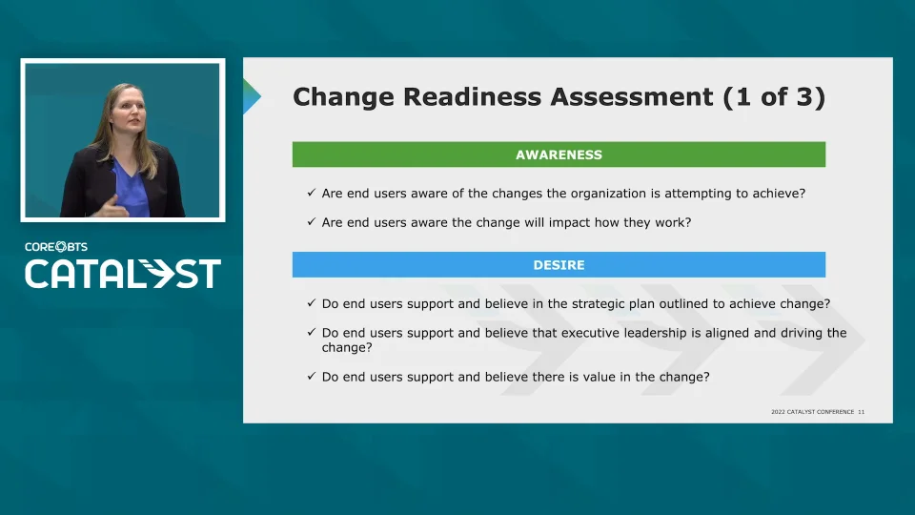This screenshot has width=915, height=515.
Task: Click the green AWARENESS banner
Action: click(x=559, y=154)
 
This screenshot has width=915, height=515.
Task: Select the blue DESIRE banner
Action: click(x=559, y=264)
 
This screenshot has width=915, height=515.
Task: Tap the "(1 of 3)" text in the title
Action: click(x=774, y=97)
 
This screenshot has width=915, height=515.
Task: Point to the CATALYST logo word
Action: click(x=123, y=274)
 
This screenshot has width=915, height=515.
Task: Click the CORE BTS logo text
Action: click(x=56, y=246)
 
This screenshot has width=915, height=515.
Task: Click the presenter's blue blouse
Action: click(x=131, y=188)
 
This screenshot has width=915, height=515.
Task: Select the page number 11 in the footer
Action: click(x=862, y=412)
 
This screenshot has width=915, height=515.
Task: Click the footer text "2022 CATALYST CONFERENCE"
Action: click(x=812, y=412)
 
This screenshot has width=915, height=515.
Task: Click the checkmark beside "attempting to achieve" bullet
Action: click(x=311, y=192)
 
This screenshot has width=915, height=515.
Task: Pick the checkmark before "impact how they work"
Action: click(x=311, y=221)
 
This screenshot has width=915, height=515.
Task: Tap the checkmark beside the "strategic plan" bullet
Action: click(x=311, y=302)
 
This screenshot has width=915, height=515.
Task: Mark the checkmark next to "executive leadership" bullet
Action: click(x=311, y=332)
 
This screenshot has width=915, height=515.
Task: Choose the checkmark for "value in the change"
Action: click(x=311, y=376)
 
